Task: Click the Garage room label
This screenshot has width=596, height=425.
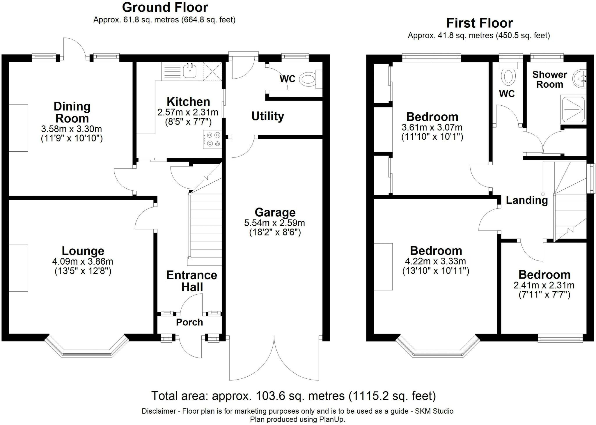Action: click(x=275, y=212)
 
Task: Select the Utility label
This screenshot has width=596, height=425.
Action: click(x=268, y=116)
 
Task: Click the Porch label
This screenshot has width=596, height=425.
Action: click(x=189, y=322)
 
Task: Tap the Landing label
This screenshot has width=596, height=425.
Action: click(x=527, y=200)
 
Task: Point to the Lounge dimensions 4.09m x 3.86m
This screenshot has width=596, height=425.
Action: click(x=83, y=261)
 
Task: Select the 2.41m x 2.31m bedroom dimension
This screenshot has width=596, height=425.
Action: click(x=544, y=285)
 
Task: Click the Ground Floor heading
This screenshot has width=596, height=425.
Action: click(x=165, y=7)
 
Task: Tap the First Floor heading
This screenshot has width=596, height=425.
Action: click(x=480, y=23)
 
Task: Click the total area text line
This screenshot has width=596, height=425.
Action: click(x=294, y=396)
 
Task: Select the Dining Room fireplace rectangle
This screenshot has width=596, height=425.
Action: click(x=19, y=128)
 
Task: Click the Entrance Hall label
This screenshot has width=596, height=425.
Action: click(x=192, y=281)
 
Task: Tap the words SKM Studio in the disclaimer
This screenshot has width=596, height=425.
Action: click(x=434, y=411)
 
